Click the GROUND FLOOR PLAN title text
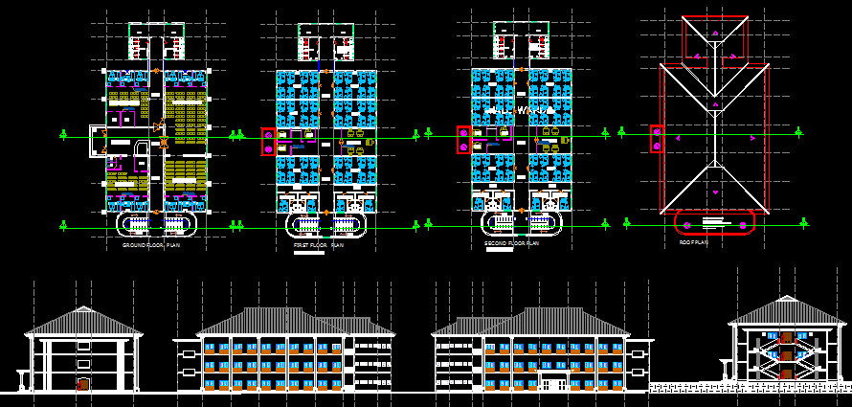pos(151,246)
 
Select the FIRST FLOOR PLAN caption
pos(319,246)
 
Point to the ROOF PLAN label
pos(693,243)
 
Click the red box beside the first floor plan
pos(268,142)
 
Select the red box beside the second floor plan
pos(463,140)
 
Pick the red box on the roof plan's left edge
pos(658,139)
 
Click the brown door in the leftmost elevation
pos(83,384)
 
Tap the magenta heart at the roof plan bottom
pos(715,194)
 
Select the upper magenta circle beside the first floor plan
pos(268,135)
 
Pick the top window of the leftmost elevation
pos(83,343)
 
